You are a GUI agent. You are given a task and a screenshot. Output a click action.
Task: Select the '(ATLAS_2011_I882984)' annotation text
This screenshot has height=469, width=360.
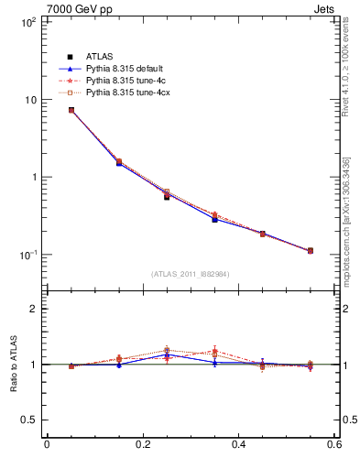(191, 273)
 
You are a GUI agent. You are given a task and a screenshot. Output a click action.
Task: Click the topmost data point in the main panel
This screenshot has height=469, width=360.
(71, 110)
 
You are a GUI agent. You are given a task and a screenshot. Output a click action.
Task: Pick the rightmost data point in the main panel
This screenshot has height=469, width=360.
(311, 250)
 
